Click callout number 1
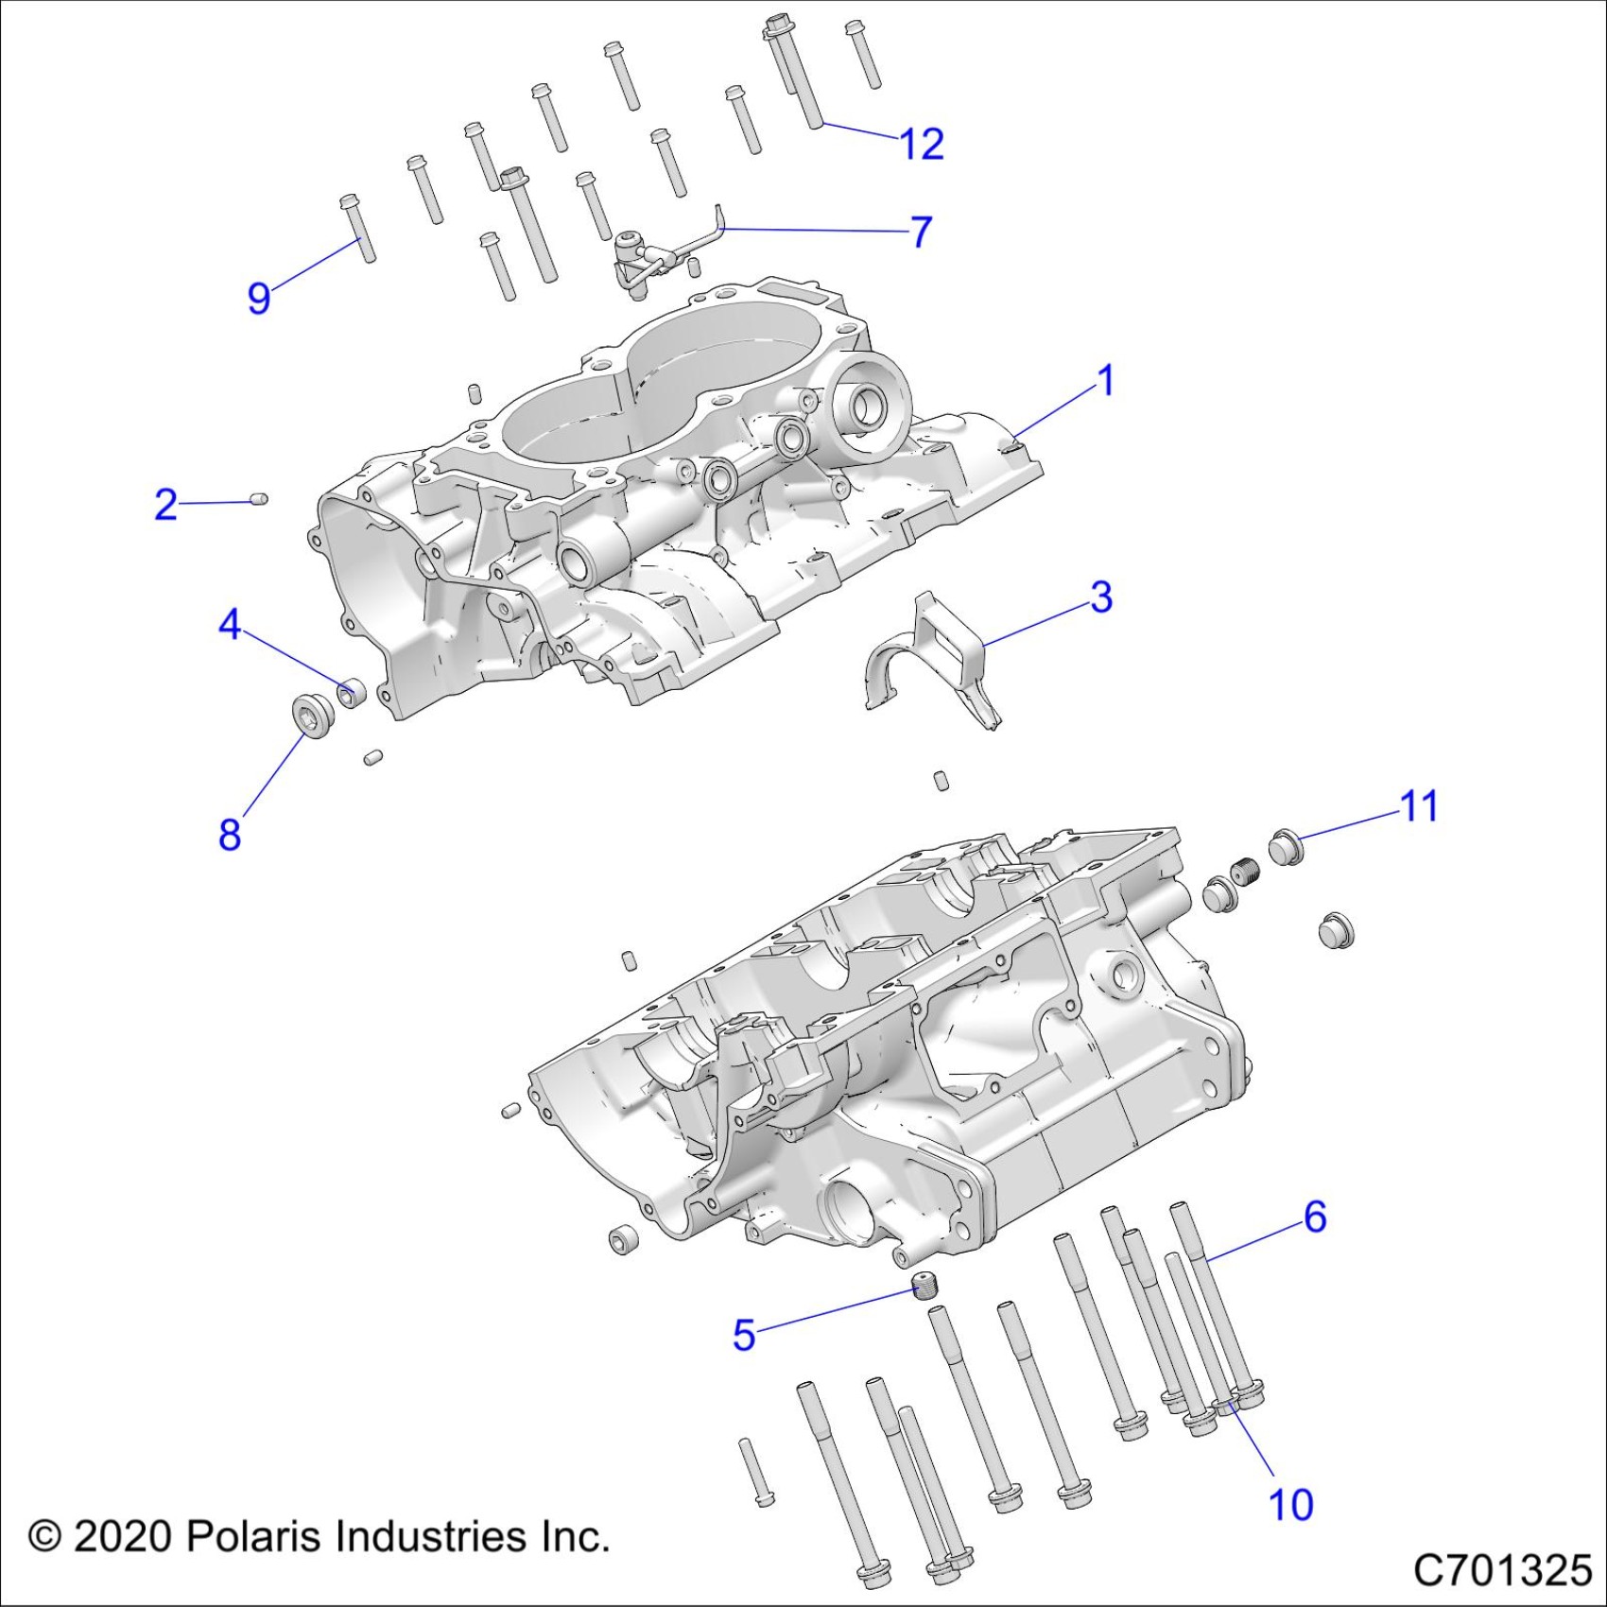pos(1105,381)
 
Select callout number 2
pos(165,505)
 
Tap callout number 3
pos(1101,597)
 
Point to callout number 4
pos(230,625)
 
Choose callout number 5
pos(744,1335)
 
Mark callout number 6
pos(1315,1217)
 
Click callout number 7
pos(921,232)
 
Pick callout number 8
pos(230,835)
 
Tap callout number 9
pos(258,298)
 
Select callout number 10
pos(1290,1505)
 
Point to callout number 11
pos(1418,806)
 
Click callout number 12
pos(922,144)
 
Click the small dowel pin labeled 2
pos(261,498)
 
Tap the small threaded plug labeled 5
pos(923,1287)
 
